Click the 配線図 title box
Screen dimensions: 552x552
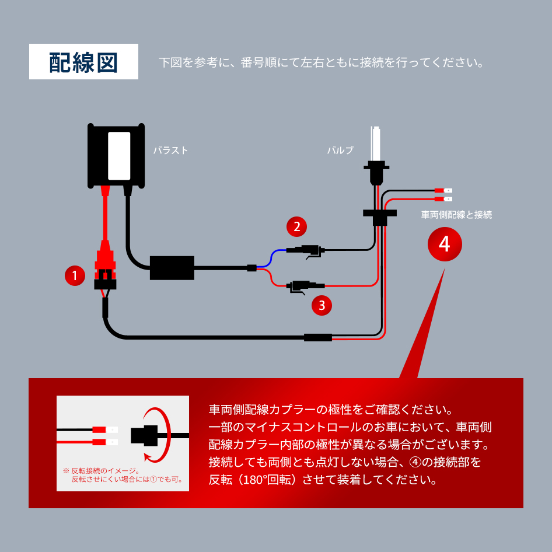click(x=83, y=61)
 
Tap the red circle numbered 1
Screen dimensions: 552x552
click(x=75, y=275)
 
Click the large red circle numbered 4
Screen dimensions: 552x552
click(x=444, y=244)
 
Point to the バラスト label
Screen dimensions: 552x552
click(x=170, y=151)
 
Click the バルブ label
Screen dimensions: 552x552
click(x=340, y=151)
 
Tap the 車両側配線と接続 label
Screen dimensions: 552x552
click(x=456, y=215)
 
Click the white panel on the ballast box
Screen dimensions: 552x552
click(x=119, y=155)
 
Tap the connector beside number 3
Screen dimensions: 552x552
click(x=301, y=286)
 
